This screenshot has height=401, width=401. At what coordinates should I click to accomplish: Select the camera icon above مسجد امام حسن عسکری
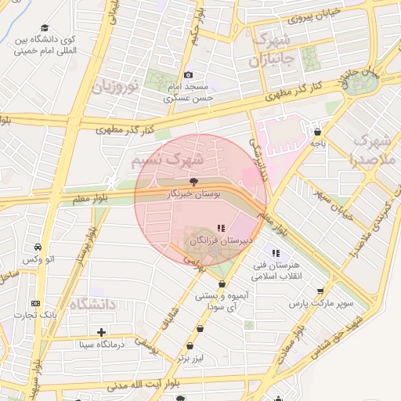tap(188, 74)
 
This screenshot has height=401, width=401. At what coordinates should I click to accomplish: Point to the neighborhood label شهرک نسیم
tap(168, 159)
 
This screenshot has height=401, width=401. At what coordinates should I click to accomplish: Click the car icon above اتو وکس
tap(38, 247)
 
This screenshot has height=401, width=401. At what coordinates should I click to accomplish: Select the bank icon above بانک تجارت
tap(34, 303)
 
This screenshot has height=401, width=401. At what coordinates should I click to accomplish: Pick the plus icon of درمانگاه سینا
tap(100, 332)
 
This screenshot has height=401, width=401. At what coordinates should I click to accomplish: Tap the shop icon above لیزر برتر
tap(190, 345)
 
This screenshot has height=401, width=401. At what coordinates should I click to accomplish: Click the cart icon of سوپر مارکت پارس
tap(320, 291)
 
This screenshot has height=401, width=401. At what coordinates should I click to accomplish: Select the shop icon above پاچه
tap(316, 132)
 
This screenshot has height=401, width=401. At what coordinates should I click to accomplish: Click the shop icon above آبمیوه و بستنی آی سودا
tap(222, 284)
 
